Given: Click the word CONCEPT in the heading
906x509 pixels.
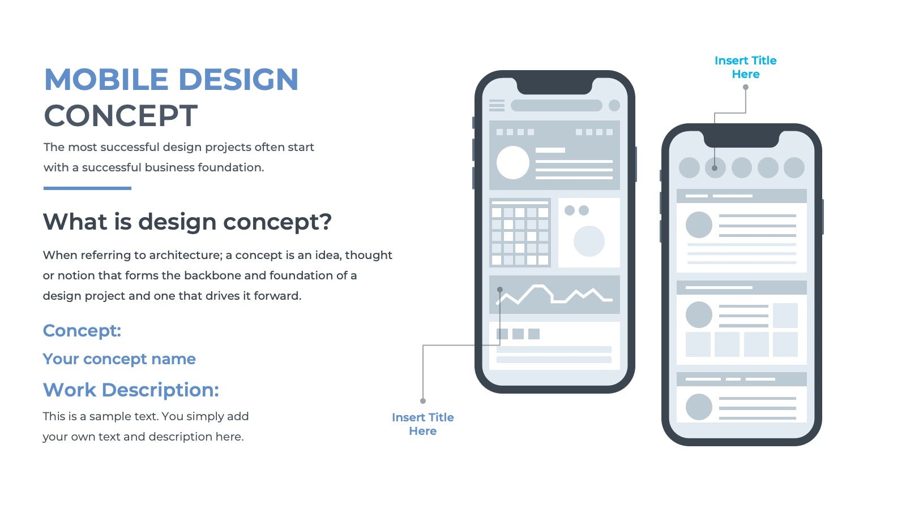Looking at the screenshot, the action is (x=121, y=115).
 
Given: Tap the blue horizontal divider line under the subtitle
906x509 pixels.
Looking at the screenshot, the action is (x=87, y=188).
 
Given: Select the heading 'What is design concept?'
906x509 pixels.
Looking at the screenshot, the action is (x=187, y=222).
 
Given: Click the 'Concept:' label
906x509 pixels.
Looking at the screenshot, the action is (x=82, y=330).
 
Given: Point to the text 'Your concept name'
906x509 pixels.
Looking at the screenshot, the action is (x=119, y=359).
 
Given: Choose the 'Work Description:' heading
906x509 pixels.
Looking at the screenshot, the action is (x=131, y=390).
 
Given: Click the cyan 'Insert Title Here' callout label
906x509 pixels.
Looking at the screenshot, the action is (x=745, y=67).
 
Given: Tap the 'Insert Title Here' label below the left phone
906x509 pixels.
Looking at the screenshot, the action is (x=422, y=424).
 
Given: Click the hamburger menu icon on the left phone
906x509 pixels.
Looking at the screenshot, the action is (x=497, y=105).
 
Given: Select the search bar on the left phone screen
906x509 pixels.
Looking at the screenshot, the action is (x=557, y=105).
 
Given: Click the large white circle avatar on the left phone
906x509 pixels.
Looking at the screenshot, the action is (x=513, y=162).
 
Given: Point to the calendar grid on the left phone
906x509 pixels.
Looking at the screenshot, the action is (x=520, y=232).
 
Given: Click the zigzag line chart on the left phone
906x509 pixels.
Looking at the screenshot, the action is (x=554, y=295).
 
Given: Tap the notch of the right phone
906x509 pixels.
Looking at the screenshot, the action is (x=741, y=139).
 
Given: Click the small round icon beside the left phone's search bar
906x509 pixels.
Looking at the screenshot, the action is (x=614, y=105).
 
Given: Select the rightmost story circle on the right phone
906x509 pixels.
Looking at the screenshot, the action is (x=794, y=167).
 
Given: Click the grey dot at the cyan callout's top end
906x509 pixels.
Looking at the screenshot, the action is (x=745, y=87).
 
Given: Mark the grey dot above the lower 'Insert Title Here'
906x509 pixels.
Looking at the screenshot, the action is (x=422, y=401).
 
